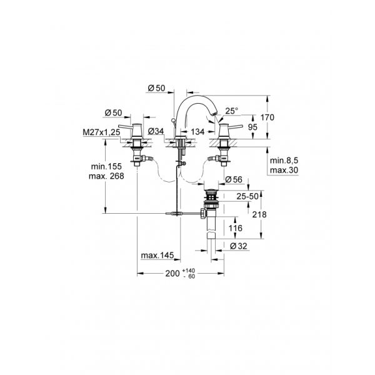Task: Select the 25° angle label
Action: click(232, 111)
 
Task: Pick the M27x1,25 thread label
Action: click(101, 132)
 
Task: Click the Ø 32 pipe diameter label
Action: click(240, 246)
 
